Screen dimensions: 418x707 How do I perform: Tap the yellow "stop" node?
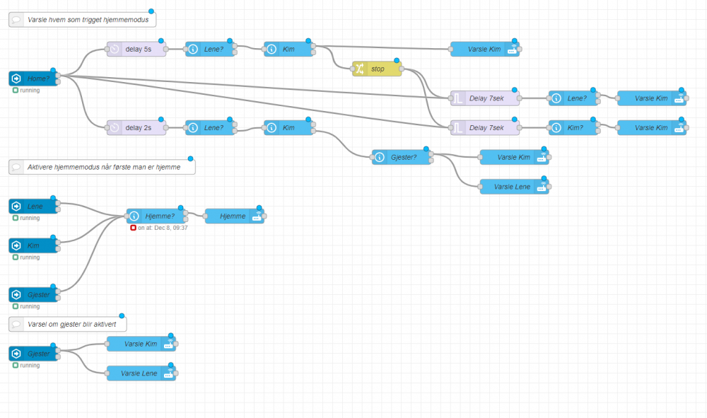point(377,69)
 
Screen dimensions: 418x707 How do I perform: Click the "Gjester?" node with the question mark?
point(402,157)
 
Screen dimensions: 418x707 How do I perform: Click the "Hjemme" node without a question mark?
point(234,216)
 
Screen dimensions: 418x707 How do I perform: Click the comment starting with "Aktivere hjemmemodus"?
point(103,167)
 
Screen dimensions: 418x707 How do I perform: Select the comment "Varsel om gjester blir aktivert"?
point(68,324)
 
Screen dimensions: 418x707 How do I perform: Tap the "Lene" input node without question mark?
point(33,206)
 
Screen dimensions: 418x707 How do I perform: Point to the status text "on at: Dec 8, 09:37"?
point(162,228)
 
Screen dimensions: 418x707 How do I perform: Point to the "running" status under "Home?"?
point(29,90)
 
